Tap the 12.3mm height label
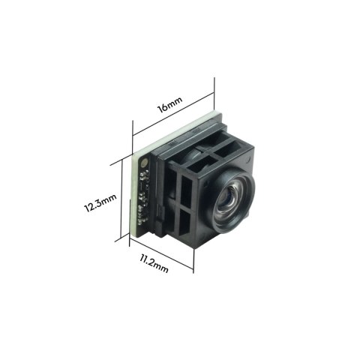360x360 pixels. tap(100, 202)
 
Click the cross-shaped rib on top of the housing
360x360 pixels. tap(218, 145)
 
